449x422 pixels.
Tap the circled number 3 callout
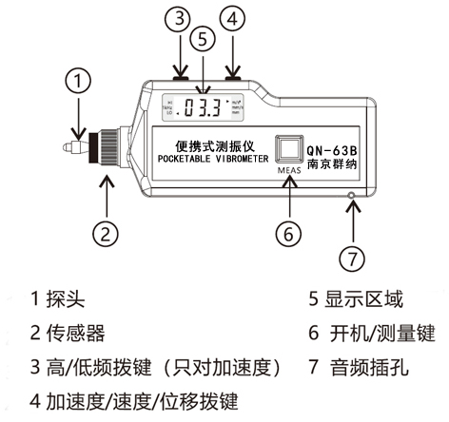pyautogui.click(x=178, y=20)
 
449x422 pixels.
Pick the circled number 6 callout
pyautogui.click(x=290, y=232)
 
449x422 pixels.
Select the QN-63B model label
pyautogui.click(x=332, y=149)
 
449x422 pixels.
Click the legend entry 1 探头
pyautogui.click(x=58, y=301)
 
